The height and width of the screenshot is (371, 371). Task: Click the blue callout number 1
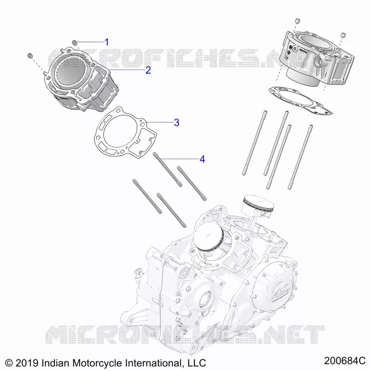pos(107,42)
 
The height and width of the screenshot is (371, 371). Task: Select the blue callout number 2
pos(148,70)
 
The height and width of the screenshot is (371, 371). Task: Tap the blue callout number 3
pos(177,122)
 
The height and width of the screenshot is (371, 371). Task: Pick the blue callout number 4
pos(202,159)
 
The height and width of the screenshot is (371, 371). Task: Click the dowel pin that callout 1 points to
pos(75,42)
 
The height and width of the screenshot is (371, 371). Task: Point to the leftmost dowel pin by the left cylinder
pos(30,55)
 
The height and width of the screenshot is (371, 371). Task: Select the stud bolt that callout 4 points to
pos(167,169)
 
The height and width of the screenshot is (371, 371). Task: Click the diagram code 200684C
pos(345,361)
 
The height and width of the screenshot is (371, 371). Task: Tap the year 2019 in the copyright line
pos(27,363)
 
